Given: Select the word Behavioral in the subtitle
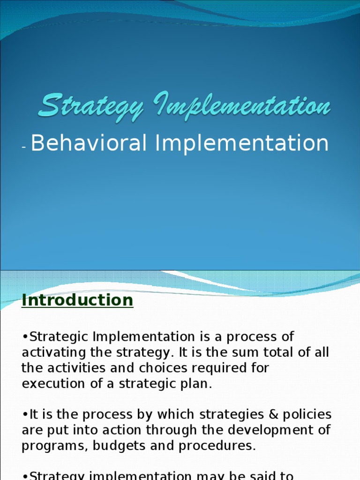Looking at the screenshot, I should click(89, 143).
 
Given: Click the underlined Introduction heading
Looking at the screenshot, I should click(77, 300).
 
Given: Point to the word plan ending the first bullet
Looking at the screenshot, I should click(197, 384).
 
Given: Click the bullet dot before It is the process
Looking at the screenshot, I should click(24, 415).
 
